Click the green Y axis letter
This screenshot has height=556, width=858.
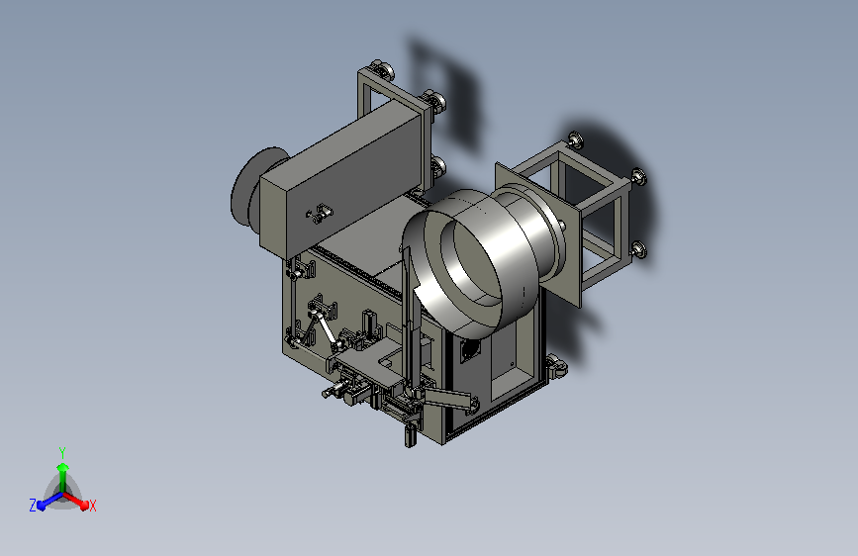pos(62,453)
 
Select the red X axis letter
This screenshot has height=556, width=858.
pos(93,507)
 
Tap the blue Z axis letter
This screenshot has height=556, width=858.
pos(33,506)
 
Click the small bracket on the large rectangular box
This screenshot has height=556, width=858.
pos(320,213)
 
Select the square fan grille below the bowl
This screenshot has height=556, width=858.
pos(470,349)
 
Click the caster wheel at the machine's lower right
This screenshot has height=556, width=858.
pos(555,366)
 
